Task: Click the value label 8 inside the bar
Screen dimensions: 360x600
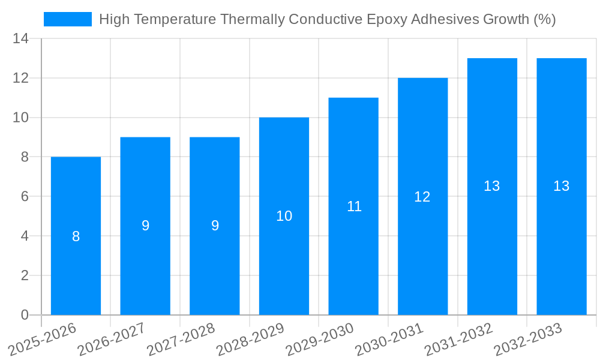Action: tap(76, 236)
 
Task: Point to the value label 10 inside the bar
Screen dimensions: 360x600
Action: tap(284, 216)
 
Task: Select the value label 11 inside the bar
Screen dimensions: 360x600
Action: tap(354, 206)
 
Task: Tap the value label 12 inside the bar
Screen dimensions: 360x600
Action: tap(422, 197)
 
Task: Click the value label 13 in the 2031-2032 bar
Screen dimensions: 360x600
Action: tap(492, 186)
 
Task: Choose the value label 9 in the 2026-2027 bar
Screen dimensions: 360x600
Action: tap(145, 226)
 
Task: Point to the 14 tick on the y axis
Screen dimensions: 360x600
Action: tap(20, 39)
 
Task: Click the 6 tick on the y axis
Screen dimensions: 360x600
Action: tap(25, 197)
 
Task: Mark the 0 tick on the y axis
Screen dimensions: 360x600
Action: tap(25, 315)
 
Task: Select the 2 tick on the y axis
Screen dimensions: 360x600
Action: tap(25, 275)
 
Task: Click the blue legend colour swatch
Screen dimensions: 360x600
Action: tap(68, 19)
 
